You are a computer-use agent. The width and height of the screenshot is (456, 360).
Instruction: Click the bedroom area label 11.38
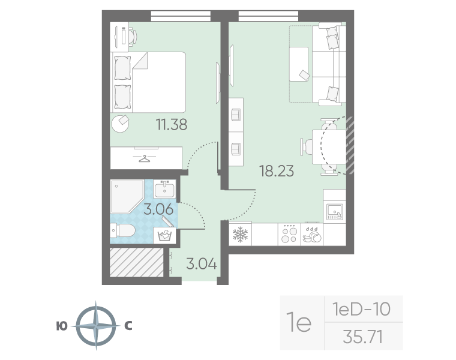coord(172,124)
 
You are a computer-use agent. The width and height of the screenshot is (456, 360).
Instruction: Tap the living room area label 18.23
coord(277,170)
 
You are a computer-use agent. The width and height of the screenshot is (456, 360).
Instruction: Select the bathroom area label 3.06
coord(159,209)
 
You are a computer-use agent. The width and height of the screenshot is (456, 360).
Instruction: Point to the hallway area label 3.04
coord(202,264)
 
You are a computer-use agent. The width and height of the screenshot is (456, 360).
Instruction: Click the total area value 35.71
coord(362,337)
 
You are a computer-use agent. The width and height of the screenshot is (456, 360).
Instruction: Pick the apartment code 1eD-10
coord(361,309)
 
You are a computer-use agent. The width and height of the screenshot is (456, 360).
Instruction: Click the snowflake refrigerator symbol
coord(240,235)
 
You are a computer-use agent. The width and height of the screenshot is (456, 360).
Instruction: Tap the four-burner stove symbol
coord(289,235)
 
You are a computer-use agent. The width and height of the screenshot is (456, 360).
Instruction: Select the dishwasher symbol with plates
coord(312,235)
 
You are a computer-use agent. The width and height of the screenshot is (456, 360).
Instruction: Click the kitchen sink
coord(335,211)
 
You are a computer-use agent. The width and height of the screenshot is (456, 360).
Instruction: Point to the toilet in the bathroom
coord(123,230)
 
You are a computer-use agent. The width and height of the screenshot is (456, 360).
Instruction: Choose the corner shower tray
coord(127,196)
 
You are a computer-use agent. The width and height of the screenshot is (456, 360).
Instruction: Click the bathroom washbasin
coord(164,189)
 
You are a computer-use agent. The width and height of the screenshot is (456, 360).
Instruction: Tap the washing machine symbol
coord(164,236)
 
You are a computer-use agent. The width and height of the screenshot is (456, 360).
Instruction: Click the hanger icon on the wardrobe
coord(145,158)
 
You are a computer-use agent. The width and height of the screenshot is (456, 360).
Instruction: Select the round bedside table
coord(121,124)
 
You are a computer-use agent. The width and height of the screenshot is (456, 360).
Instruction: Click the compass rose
coord(96,325)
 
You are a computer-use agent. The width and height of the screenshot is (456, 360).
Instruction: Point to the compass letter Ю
coord(62,326)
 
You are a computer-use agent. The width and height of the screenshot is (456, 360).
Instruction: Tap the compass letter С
coord(128,326)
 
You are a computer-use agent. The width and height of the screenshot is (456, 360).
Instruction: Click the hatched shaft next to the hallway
coord(137,262)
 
